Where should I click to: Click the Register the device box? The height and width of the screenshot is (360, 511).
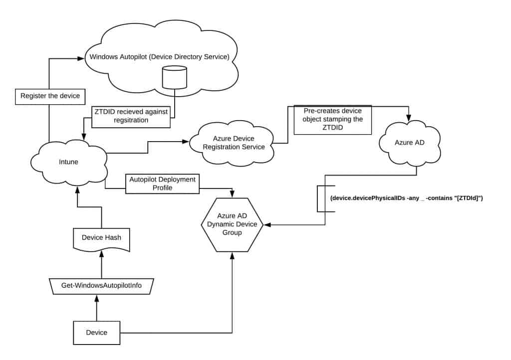click(50, 96)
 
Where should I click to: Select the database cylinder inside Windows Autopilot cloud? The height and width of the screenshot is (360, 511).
click(175, 78)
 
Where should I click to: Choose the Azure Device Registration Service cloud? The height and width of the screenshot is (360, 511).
click(234, 143)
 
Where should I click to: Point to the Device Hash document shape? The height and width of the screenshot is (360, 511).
click(102, 238)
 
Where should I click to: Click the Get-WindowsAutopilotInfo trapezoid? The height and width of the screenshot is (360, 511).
click(102, 286)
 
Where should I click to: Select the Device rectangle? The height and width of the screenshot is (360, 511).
click(97, 333)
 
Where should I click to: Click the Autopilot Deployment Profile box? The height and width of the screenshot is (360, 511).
click(163, 184)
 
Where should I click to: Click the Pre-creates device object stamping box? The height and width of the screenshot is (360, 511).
click(333, 120)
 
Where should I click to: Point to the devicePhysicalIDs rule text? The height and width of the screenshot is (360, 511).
click(406, 198)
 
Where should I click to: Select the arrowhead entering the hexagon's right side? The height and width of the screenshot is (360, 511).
click(268, 224)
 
